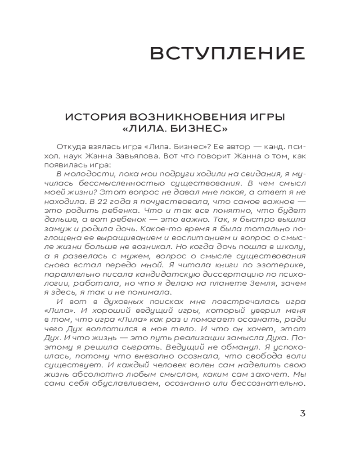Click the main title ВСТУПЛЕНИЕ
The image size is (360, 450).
click(x=227, y=53)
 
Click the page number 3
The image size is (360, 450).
click(x=302, y=413)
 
